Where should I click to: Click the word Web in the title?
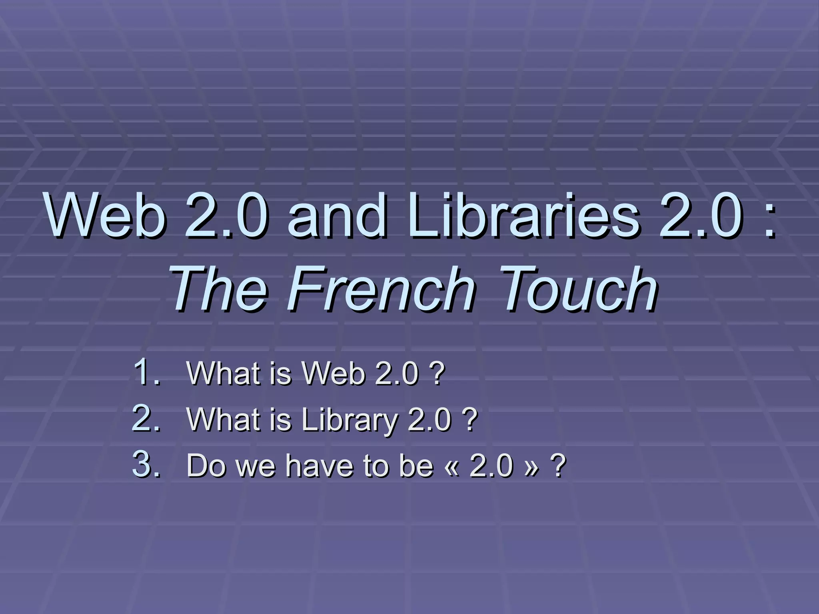pos(105,216)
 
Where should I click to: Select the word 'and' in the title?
pos(337,216)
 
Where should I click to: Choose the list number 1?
pos(146,373)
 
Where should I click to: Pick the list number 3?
pos(146,465)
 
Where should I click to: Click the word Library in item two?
pos(350,421)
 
